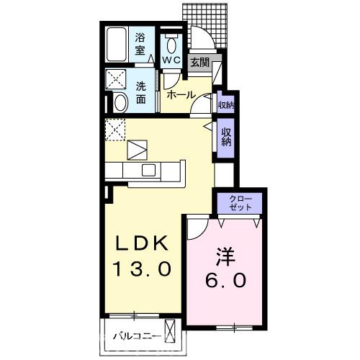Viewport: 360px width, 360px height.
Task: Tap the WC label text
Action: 171,60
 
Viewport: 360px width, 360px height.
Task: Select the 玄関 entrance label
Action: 199,63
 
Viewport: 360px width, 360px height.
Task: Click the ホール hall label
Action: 179,95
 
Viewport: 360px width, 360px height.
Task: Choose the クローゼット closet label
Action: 240,202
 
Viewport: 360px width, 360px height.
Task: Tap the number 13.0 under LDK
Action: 141,269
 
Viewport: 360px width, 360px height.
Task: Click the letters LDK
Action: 141,243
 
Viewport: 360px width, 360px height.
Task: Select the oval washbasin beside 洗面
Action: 120,103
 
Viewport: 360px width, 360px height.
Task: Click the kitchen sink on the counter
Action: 150,170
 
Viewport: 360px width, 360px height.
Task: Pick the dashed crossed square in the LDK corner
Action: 115,130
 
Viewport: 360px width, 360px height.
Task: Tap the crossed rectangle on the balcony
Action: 171,332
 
